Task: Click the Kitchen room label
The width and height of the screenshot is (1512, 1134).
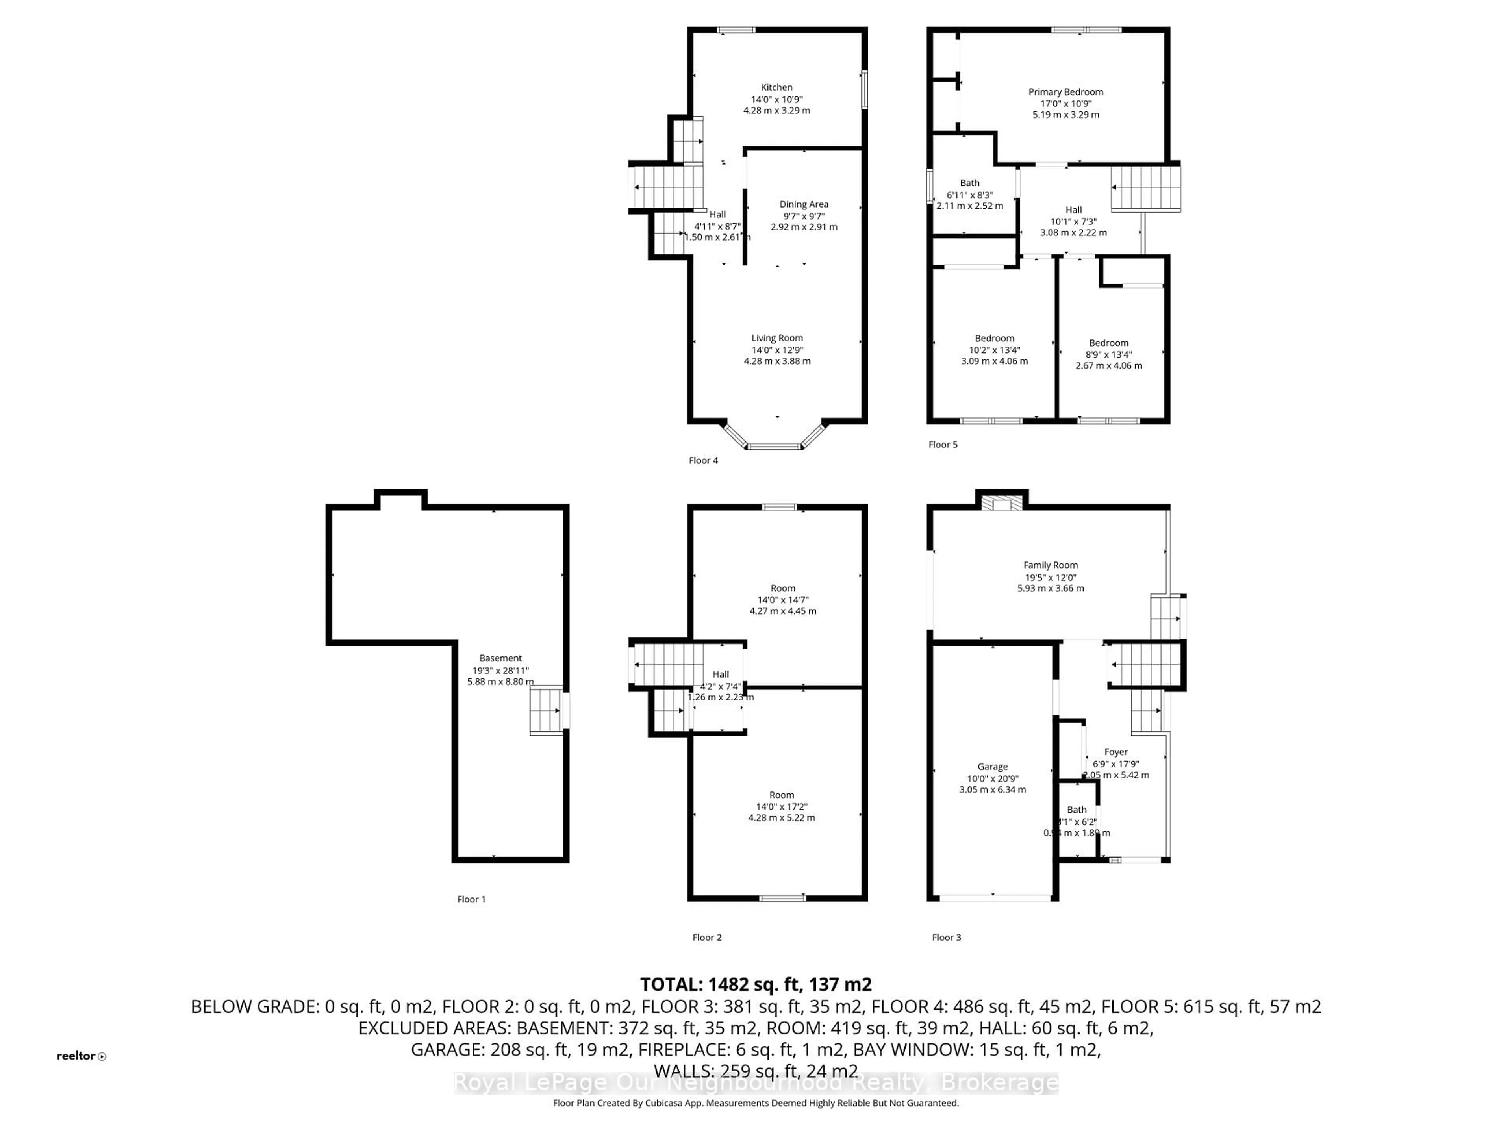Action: point(776,87)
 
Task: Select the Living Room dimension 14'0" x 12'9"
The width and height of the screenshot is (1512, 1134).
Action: point(777,349)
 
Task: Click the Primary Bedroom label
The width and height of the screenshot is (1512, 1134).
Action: point(1065,92)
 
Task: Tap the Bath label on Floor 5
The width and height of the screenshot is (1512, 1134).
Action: point(969,183)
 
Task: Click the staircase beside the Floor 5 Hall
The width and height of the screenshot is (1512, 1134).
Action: point(1146,189)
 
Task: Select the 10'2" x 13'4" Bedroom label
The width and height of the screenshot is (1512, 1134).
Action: point(995,338)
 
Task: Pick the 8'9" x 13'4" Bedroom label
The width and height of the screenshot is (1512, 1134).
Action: point(1109,343)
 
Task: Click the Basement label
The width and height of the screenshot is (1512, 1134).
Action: point(500,658)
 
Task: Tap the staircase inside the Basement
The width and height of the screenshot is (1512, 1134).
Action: point(547,711)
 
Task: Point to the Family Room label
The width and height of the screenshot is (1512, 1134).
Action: point(1051,565)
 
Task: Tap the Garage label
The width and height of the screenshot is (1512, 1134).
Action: point(993,767)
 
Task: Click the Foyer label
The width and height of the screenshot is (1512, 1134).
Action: point(1115,752)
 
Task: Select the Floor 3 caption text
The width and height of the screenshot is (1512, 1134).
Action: point(947,937)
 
